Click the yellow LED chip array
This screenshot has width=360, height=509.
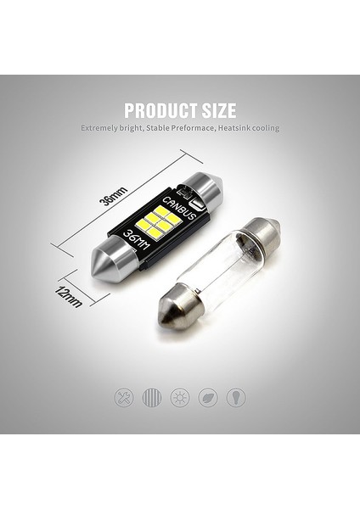click(162, 221)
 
